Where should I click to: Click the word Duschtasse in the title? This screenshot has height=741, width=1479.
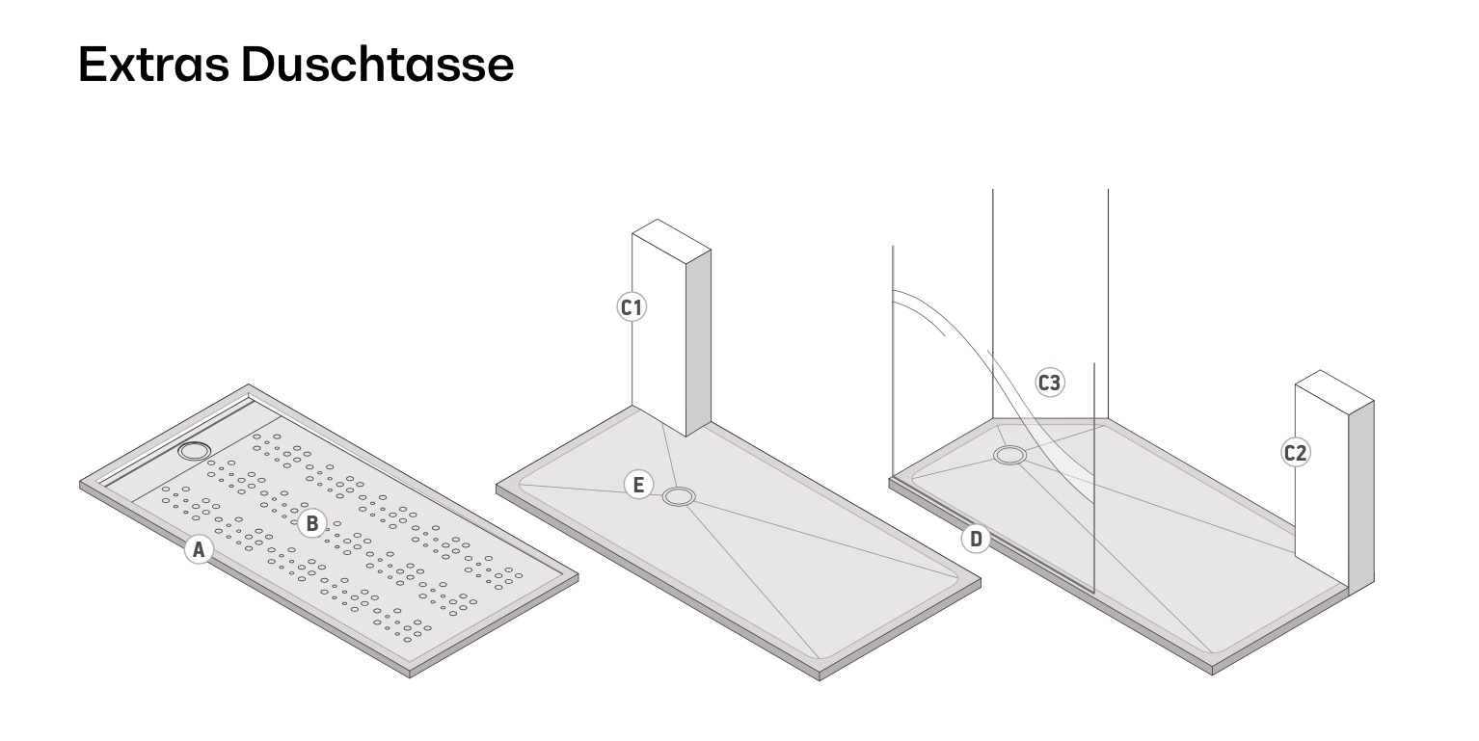(x=377, y=64)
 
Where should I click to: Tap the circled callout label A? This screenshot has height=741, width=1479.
(x=198, y=550)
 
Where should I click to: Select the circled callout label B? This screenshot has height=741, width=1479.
(x=311, y=523)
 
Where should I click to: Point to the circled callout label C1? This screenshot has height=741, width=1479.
(x=632, y=307)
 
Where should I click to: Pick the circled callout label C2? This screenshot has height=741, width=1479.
(x=1295, y=452)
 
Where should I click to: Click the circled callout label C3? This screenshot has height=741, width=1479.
(x=1049, y=383)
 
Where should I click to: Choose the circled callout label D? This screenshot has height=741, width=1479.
(x=976, y=539)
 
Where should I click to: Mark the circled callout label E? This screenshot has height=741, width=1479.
(x=637, y=484)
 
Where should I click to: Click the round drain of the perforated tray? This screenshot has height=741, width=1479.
(x=197, y=450)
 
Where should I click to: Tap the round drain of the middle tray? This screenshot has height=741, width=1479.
(x=679, y=497)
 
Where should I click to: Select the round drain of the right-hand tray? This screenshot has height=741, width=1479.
(x=1010, y=456)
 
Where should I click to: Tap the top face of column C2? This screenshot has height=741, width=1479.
(x=1333, y=386)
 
